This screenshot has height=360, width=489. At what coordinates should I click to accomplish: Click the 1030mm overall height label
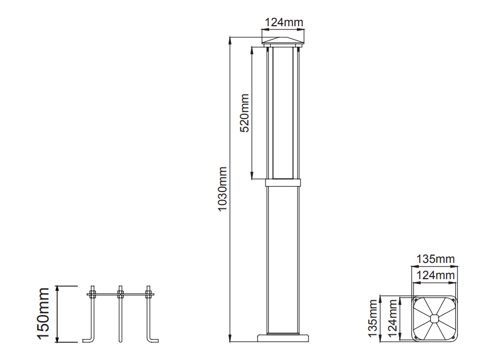click(222, 189)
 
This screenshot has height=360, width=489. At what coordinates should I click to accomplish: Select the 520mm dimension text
click(244, 113)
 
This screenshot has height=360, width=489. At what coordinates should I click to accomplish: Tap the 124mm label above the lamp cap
click(284, 23)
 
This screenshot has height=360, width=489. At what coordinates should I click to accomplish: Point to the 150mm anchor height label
click(43, 313)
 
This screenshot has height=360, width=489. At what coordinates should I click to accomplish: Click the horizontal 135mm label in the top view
click(435, 259)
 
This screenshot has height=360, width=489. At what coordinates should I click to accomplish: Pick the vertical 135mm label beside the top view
click(373, 318)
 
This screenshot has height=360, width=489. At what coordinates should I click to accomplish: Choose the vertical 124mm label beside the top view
click(392, 318)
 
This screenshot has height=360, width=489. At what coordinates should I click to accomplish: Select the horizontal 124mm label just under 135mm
click(435, 275)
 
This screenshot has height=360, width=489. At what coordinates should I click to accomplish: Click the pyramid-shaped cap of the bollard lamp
click(283, 40)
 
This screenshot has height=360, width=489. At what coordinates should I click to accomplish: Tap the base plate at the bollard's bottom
click(283, 338)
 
